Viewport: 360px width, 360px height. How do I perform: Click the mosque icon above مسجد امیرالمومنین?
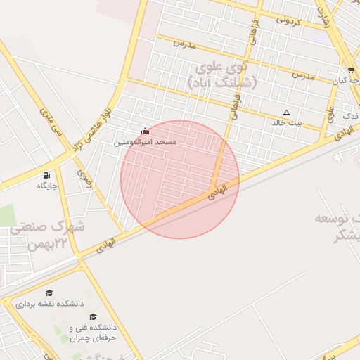click(x=146, y=131)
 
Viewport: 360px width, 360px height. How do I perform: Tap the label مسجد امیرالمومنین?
click(x=146, y=142)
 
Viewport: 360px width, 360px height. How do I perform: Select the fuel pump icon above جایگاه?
click(x=46, y=175)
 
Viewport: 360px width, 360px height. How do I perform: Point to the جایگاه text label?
click(x=47, y=186)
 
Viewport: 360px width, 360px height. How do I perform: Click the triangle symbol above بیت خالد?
click(x=286, y=112)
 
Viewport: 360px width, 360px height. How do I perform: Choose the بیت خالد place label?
click(x=286, y=122)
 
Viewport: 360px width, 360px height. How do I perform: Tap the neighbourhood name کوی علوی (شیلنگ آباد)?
click(x=223, y=75)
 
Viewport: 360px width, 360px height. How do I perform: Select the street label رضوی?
click(x=84, y=179)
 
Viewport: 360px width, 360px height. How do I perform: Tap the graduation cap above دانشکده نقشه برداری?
click(x=49, y=292)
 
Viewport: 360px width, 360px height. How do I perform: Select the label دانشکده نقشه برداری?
click(x=49, y=303)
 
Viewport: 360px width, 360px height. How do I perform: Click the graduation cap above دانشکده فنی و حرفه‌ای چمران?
click(x=93, y=317)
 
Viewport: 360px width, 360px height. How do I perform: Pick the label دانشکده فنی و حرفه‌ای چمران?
click(x=92, y=333)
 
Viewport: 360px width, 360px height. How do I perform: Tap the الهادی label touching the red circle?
click(x=219, y=191)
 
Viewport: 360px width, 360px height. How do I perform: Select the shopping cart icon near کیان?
click(x=351, y=70)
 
